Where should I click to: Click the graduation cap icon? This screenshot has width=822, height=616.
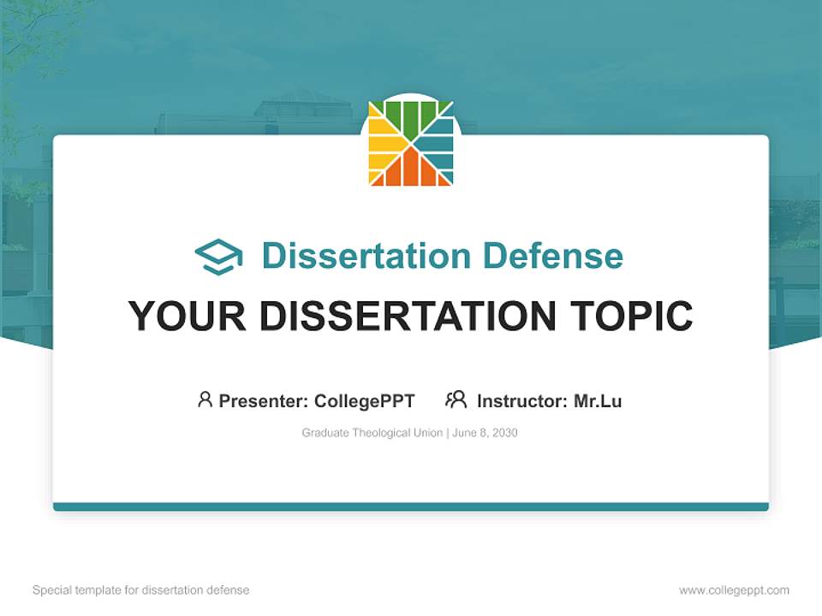click(x=218, y=257)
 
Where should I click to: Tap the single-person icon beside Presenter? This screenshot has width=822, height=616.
click(x=205, y=400)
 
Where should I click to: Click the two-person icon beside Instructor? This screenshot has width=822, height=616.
click(x=456, y=400)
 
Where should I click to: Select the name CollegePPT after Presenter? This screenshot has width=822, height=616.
click(x=364, y=401)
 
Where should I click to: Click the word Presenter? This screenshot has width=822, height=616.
click(x=264, y=401)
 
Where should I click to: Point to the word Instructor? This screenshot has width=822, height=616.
click(x=521, y=401)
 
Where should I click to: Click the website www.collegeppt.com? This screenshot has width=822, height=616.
click(x=734, y=590)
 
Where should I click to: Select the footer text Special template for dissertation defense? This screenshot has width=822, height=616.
click(x=140, y=590)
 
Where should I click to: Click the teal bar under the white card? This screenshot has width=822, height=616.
click(x=411, y=506)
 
